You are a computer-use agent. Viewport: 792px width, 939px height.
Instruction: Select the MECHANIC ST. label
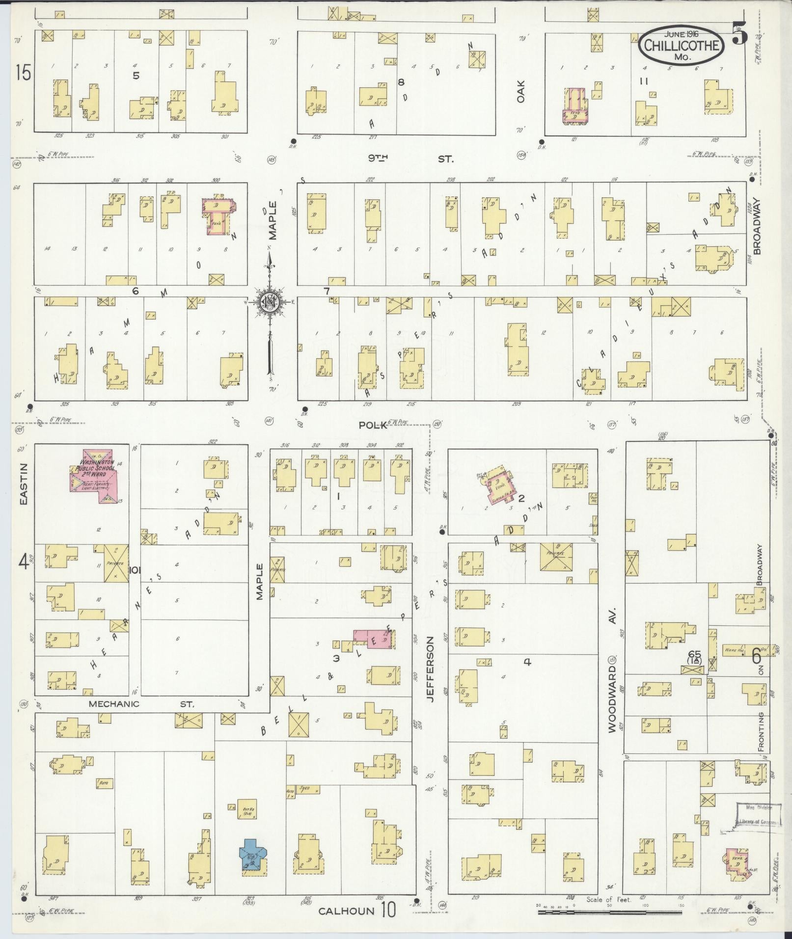(x=141, y=704)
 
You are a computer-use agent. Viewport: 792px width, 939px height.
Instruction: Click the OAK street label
(x=521, y=92)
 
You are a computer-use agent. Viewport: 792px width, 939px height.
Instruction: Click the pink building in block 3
(x=374, y=640)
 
